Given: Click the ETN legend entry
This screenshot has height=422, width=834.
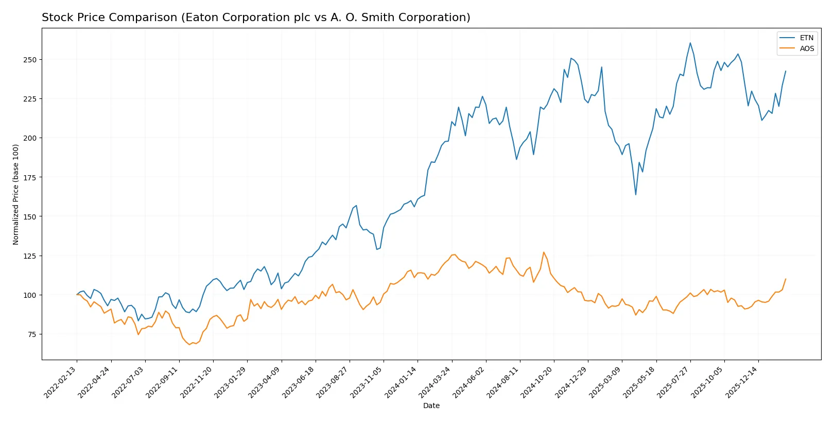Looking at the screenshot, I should coord(806,38).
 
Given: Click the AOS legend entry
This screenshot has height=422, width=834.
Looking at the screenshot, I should coord(806,48).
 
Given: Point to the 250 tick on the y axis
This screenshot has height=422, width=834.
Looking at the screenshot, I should coord(30,60).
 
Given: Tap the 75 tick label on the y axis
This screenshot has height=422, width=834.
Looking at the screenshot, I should coord(31,334).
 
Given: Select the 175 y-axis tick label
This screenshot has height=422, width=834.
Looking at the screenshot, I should coord(30,177).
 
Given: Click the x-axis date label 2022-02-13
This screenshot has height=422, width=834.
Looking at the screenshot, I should coord(61,382).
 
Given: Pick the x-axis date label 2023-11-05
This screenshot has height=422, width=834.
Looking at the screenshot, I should coord(367,382).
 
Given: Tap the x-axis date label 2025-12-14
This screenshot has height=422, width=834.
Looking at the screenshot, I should coord(742,382).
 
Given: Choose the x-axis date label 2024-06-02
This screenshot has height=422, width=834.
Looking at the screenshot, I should coord(470,382).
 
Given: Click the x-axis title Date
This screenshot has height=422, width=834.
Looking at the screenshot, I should coord(431,406).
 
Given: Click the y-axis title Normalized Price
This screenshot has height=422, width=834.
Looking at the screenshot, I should coord(15,194).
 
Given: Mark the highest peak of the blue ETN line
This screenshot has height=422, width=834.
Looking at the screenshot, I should coord(690,43).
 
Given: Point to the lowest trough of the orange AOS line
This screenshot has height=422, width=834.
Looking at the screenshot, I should coord(189,344).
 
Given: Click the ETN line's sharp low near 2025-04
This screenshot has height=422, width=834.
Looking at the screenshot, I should coord(636,195).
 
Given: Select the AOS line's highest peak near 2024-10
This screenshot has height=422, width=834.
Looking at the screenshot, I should coord(544,252).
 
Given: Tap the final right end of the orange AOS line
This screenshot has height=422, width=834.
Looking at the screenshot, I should coord(786,279).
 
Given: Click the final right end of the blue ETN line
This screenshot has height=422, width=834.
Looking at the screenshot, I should coord(786,71).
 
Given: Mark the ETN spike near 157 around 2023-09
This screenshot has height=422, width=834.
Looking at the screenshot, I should coord(356,206).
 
